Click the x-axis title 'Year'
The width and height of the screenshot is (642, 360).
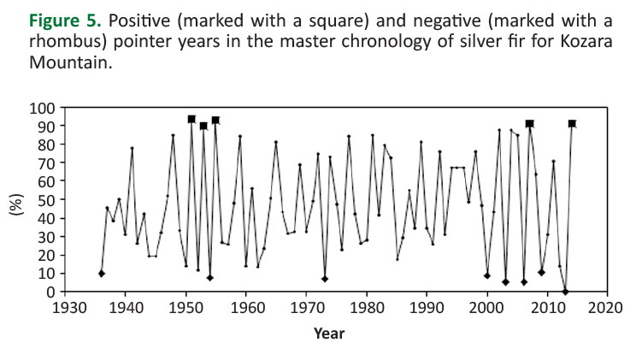tap(329, 333)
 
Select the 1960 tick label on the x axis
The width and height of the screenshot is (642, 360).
tap(246, 307)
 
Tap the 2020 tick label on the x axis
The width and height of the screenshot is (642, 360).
tap(608, 307)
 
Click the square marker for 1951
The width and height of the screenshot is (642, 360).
tap(191, 120)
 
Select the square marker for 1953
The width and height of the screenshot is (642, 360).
tap(203, 126)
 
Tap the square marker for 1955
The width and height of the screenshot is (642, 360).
tap(215, 121)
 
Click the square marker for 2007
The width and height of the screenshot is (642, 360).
tap(530, 124)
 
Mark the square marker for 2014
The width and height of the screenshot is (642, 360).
tap(572, 124)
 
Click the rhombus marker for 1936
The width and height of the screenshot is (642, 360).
tap(102, 274)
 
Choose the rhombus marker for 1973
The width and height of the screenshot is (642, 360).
tap(325, 279)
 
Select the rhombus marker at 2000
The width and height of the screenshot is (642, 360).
tap(487, 275)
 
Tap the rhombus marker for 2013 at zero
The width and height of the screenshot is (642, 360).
tap(566, 292)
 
